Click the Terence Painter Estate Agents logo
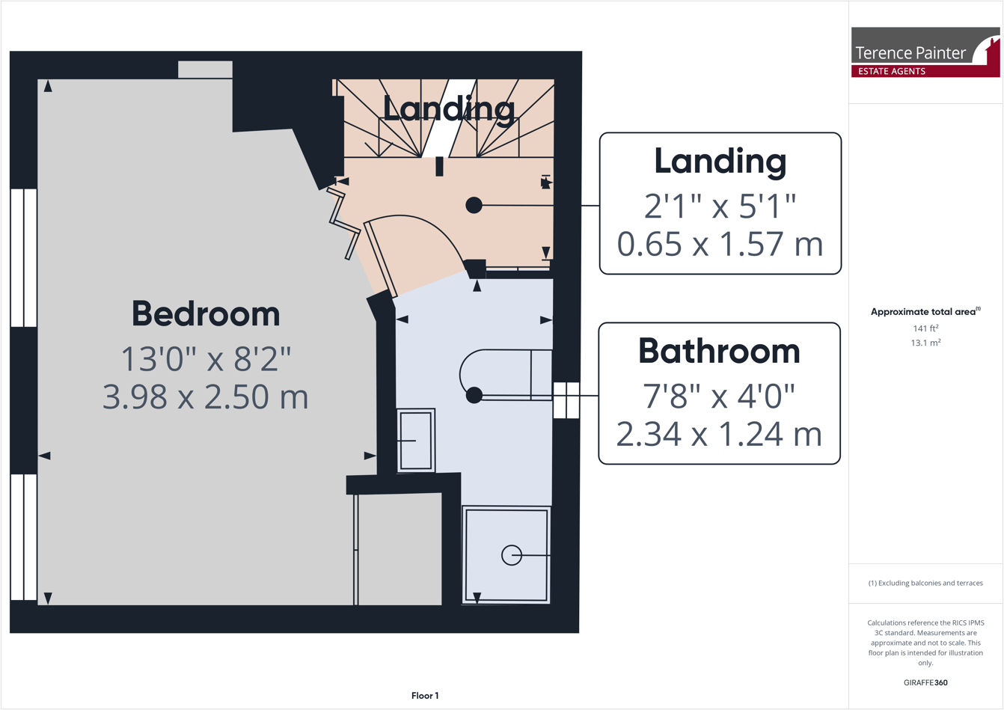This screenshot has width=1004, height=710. (925, 52)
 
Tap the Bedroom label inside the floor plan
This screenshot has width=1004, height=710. (206, 314)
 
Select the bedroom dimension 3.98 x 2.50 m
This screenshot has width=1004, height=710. (206, 397)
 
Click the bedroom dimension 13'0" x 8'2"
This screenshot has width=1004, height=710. (206, 359)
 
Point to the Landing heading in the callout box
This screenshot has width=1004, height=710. (720, 162)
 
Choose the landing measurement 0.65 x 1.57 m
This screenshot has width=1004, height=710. (720, 244)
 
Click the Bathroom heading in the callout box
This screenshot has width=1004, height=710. (719, 352)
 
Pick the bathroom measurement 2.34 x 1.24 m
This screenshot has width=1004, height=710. (719, 434)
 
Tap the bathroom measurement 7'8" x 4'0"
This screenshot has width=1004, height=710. (719, 396)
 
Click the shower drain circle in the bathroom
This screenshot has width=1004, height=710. (512, 555)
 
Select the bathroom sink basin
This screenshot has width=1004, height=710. (415, 441)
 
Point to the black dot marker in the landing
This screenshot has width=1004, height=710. (474, 205)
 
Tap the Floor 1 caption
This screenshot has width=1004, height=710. (425, 696)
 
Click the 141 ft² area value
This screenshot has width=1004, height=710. (925, 328)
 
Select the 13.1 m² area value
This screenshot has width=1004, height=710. (925, 343)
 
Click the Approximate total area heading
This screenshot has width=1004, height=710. (925, 312)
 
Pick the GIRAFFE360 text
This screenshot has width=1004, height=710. (925, 682)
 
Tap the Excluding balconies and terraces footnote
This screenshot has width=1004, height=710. (925, 583)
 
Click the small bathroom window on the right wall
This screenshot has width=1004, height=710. (566, 400)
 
